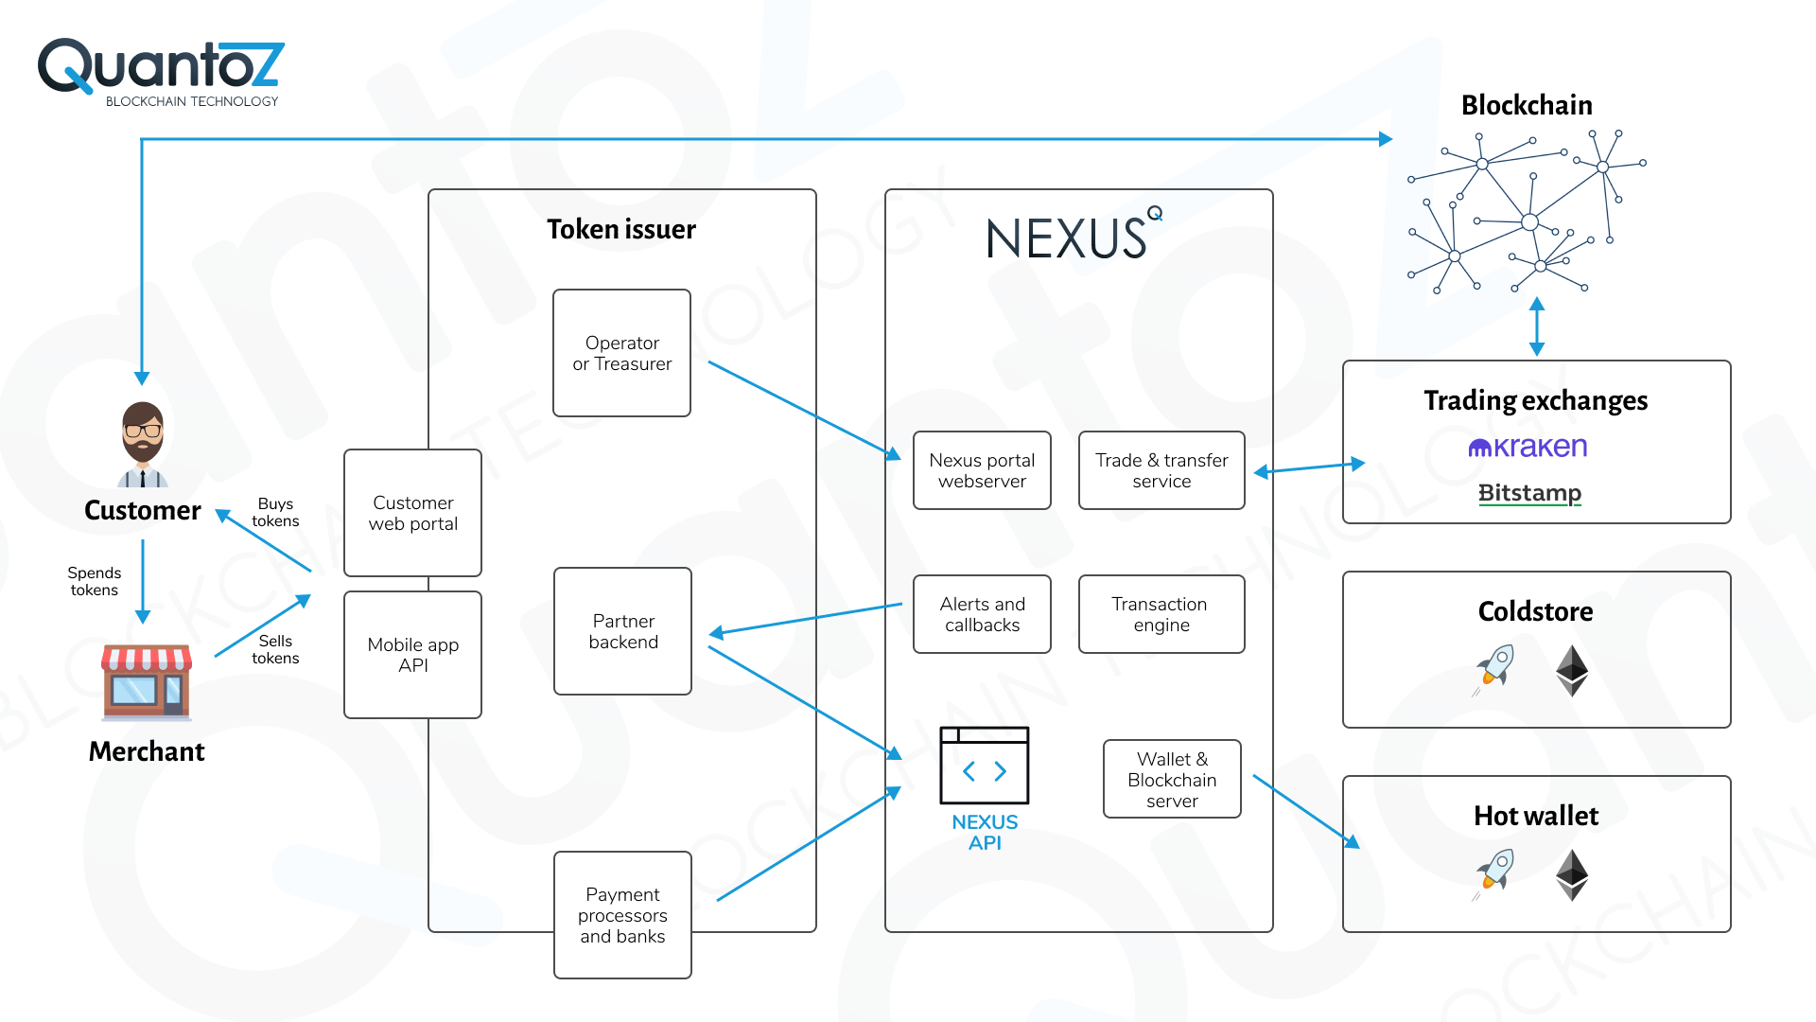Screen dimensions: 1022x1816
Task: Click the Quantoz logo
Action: click(161, 72)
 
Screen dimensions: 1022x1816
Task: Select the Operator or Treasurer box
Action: click(621, 353)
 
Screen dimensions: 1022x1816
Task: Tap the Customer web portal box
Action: click(412, 513)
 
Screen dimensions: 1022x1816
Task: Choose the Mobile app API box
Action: click(412, 655)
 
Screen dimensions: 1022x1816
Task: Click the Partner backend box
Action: click(622, 631)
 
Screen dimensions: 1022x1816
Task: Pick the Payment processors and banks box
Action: click(622, 915)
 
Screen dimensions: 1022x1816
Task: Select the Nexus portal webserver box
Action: click(982, 470)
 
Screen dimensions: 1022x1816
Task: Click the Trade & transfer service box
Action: click(1161, 470)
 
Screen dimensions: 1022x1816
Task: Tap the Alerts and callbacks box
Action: click(982, 614)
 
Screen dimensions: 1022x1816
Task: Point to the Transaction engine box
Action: click(1161, 614)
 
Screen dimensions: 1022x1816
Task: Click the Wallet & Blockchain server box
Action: click(1172, 779)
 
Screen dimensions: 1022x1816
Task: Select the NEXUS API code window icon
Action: click(984, 766)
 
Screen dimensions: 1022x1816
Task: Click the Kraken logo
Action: click(1528, 447)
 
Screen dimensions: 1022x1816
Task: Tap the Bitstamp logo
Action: click(1529, 493)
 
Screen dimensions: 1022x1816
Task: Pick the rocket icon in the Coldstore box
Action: click(1495, 668)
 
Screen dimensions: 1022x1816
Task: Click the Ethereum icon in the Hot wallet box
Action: click(1572, 874)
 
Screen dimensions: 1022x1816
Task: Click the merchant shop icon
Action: click(147, 682)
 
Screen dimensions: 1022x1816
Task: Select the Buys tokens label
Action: click(275, 512)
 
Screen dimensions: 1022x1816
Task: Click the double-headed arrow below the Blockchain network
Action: click(1537, 326)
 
